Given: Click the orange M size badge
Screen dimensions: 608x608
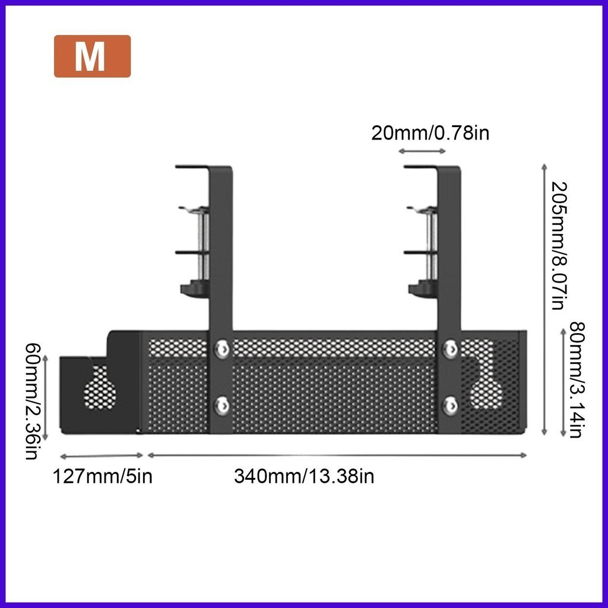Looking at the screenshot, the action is pos(92,56).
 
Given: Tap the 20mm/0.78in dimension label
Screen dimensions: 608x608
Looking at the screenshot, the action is pos(430,133).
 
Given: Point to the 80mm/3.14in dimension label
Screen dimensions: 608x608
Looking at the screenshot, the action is pos(577,379).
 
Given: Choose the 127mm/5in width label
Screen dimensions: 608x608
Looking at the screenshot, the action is pos(102,476).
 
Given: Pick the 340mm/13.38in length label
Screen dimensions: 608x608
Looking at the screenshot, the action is pos(304,476).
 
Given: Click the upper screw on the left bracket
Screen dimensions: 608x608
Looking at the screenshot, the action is pos(222,348).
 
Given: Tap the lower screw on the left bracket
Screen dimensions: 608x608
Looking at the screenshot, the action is pos(222,405).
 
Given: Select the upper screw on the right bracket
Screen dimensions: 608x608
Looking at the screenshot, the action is pos(450,348).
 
